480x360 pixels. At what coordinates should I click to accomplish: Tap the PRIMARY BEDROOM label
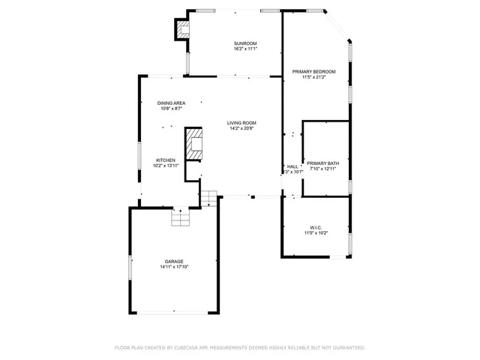point(313,71)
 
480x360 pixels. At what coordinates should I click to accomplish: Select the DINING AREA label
point(171,103)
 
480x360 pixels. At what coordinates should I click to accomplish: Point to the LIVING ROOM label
point(243,123)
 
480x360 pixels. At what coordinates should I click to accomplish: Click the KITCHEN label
point(166,160)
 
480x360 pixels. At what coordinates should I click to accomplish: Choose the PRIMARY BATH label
point(322,163)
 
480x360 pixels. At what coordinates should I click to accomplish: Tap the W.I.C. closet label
point(316,227)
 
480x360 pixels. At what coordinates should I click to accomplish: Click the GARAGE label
point(174,262)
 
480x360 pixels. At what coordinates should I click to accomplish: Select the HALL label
point(292,166)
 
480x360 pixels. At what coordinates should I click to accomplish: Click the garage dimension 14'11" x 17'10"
point(174,267)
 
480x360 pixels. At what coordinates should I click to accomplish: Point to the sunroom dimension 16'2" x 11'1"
point(246,49)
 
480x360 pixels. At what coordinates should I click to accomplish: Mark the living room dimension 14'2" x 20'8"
point(243,128)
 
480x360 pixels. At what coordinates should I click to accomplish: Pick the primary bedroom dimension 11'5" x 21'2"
point(313,76)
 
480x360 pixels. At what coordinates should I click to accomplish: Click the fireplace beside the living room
point(195,143)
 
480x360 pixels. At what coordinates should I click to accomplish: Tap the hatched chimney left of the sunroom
point(183,30)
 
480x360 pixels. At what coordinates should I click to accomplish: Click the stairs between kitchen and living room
point(208,199)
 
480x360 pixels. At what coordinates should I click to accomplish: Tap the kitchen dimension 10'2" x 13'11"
point(166,165)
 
